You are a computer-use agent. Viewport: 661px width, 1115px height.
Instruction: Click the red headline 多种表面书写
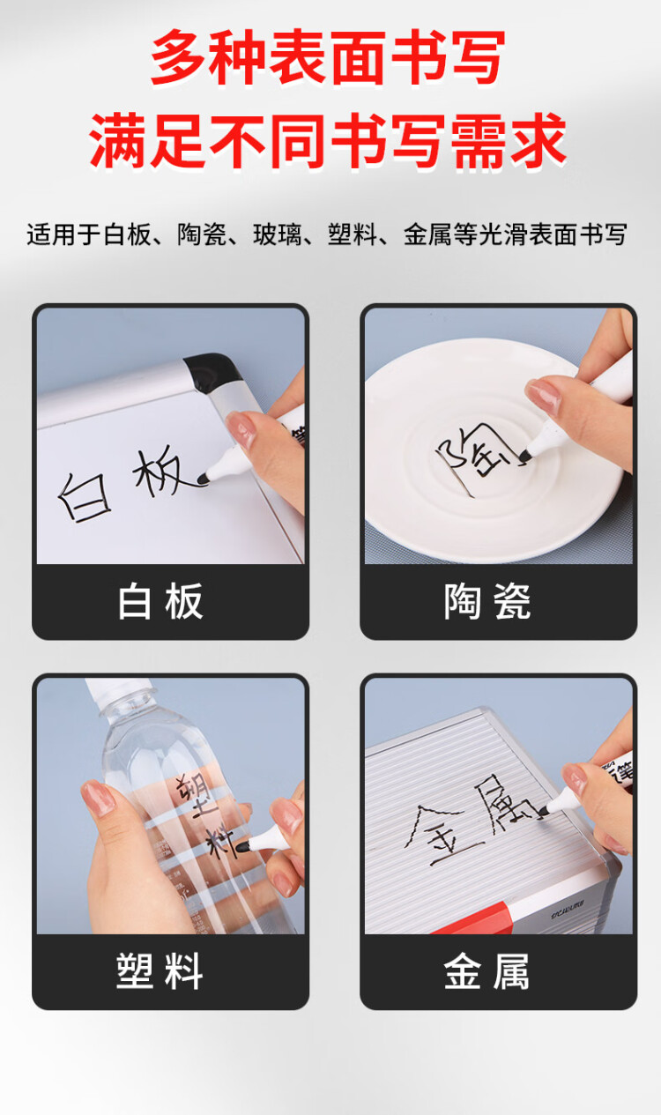point(328,58)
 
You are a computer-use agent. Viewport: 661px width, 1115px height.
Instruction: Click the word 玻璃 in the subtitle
point(278,235)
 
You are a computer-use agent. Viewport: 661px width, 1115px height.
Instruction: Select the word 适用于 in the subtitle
point(63,235)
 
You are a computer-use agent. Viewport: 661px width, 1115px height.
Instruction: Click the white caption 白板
point(161,601)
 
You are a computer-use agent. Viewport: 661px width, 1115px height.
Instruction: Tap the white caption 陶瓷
point(487,601)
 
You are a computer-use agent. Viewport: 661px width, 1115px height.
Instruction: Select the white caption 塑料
point(160,971)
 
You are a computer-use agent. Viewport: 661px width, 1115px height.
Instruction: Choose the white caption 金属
point(487,971)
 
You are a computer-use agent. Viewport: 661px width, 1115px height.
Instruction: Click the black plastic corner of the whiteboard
point(210,372)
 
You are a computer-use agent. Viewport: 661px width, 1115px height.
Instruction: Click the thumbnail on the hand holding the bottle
point(96,799)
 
